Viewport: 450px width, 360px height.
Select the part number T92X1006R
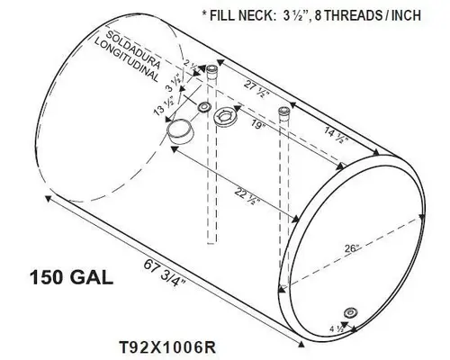coord(165,345)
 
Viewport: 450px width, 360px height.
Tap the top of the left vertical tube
coord(211,69)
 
